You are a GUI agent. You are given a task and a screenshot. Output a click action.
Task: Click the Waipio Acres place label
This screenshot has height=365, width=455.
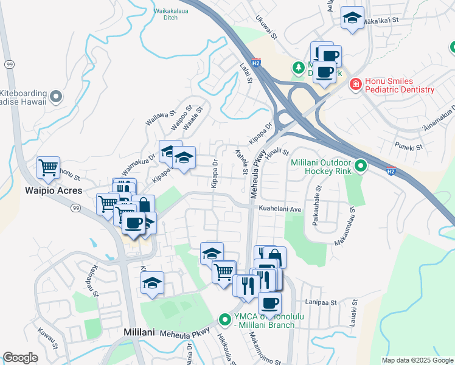point(48,190)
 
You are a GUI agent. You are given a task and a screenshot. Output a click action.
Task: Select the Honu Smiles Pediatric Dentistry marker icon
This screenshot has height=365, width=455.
point(355,85)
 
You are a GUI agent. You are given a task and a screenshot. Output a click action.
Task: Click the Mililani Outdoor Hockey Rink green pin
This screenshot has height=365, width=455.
point(361,165)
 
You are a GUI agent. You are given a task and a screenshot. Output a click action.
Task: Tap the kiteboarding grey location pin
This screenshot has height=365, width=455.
point(56,96)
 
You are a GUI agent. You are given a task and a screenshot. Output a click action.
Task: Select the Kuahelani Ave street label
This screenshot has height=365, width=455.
point(280,209)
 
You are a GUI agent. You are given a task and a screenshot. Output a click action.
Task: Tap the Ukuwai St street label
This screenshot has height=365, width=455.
point(266,27)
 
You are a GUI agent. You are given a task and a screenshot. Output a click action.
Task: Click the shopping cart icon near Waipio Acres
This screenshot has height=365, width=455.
point(48,167)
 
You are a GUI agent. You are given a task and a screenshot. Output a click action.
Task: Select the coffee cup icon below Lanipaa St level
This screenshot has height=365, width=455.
point(269,303)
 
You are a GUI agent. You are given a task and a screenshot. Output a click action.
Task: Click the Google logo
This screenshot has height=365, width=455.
point(21,358)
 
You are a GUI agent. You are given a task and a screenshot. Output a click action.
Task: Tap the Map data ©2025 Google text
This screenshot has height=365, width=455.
point(416,360)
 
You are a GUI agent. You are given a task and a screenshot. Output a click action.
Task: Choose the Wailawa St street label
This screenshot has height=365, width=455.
point(161,116)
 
